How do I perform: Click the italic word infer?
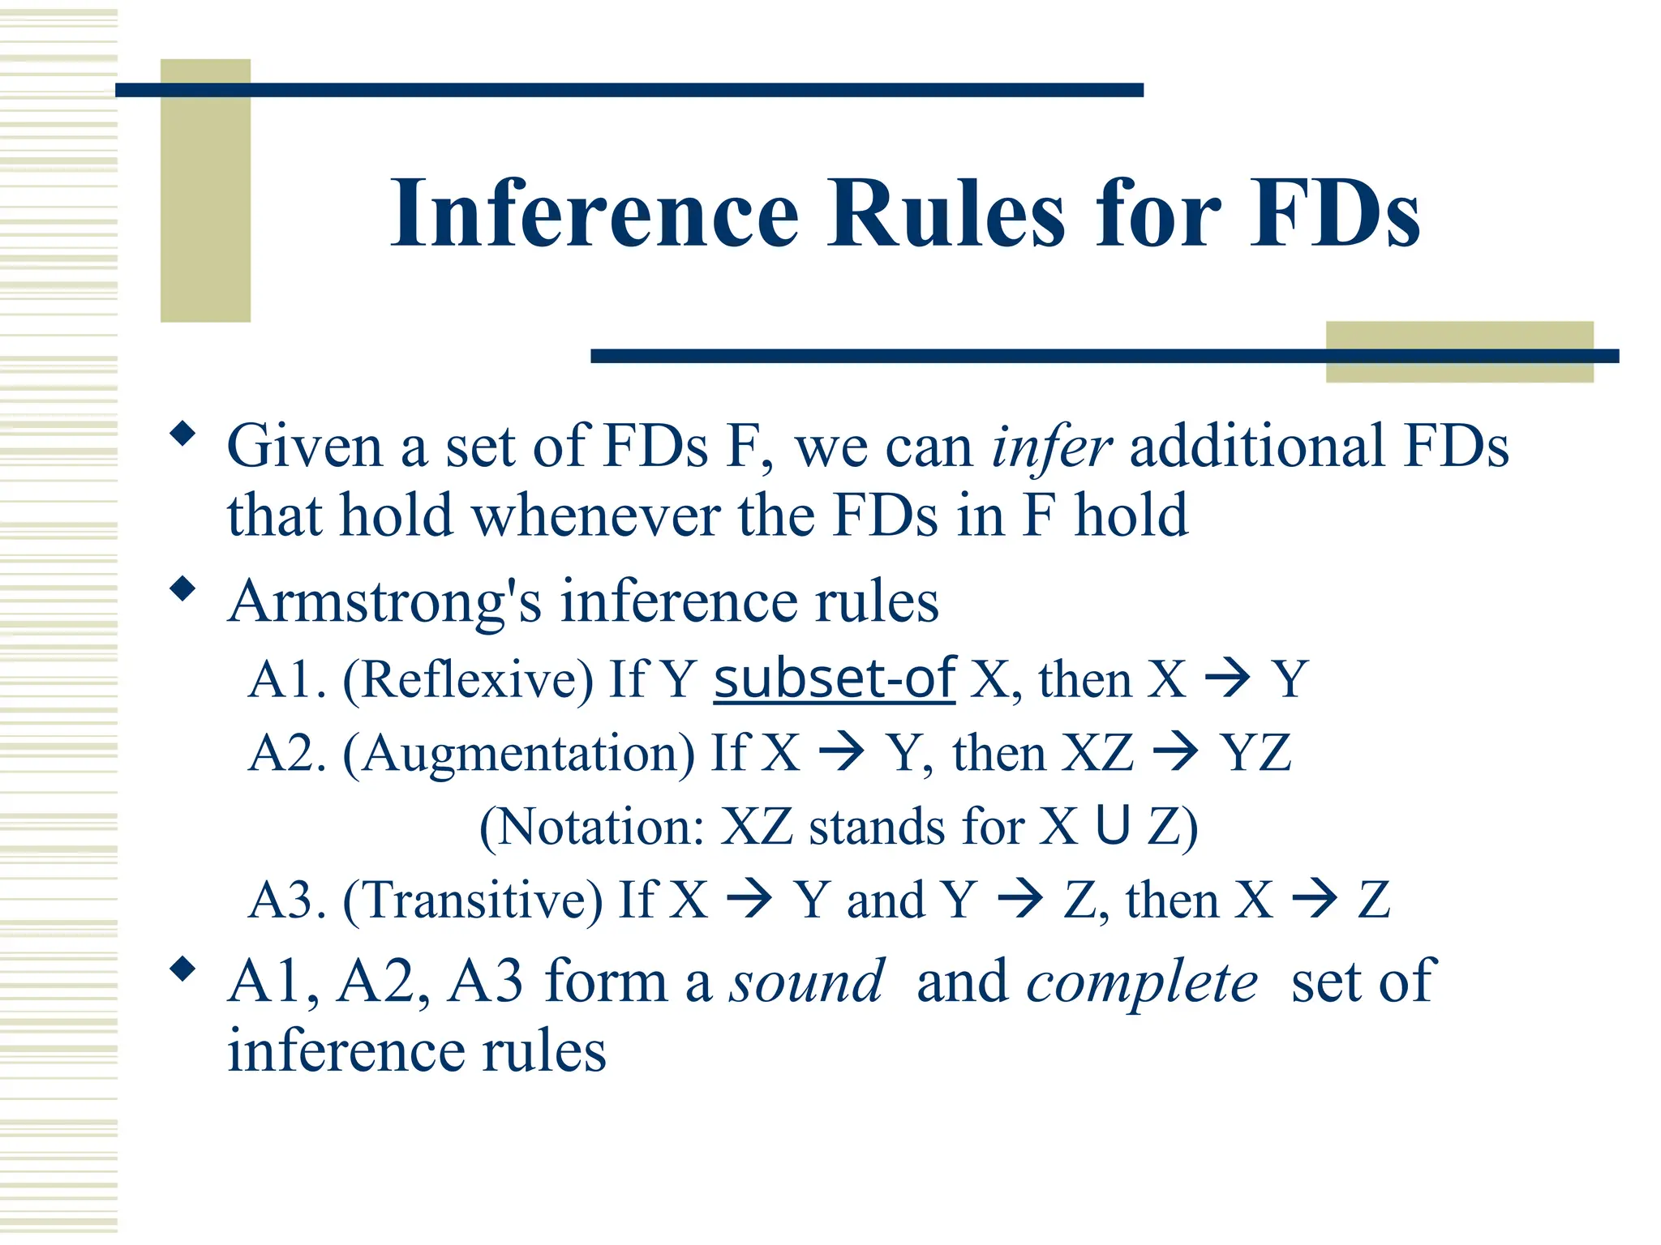pos(1051,447)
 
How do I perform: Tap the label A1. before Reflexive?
pos(287,679)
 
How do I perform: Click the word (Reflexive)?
pos(468,679)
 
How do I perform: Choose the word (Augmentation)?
pos(518,753)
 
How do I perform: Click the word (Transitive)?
pos(473,900)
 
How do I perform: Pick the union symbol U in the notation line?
pos(1112,826)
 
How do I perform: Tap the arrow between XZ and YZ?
pos(1175,752)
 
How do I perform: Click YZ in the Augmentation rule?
pos(1256,753)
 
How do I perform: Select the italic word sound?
pos(806,982)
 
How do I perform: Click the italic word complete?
pos(1142,982)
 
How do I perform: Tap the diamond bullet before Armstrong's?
pos(183,588)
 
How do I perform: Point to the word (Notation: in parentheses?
pos(592,827)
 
